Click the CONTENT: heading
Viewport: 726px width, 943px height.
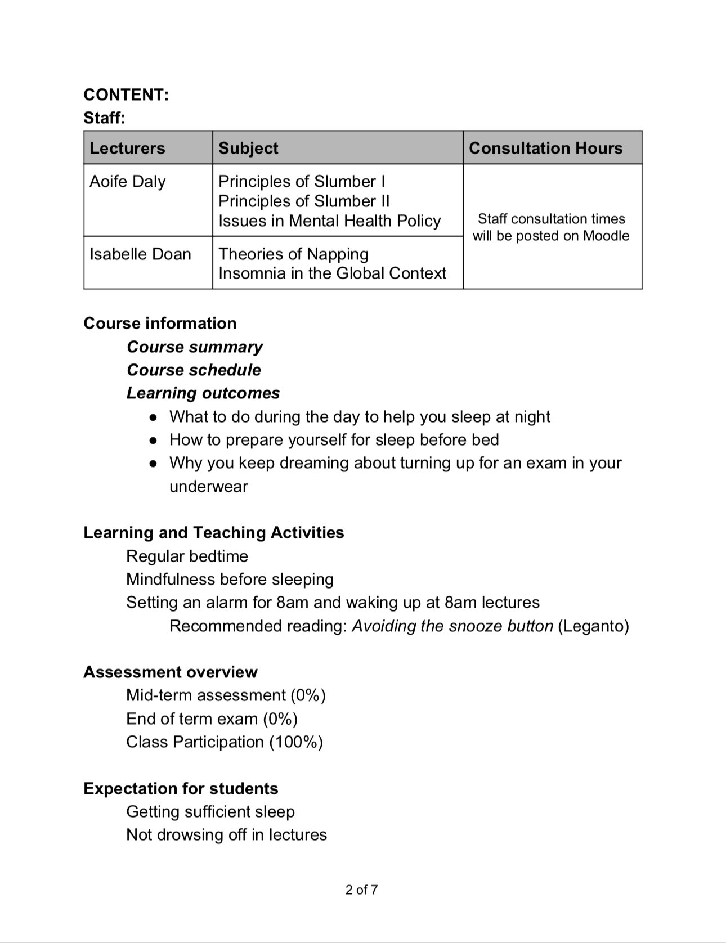point(126,95)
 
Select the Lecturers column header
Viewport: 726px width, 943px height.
point(127,148)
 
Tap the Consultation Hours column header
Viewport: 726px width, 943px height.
point(545,148)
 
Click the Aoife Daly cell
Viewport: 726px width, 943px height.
point(128,182)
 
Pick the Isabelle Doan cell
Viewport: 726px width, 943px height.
point(140,254)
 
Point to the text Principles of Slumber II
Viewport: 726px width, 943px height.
point(303,201)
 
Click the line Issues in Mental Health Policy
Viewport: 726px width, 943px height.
point(329,221)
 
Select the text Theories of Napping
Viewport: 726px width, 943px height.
point(293,254)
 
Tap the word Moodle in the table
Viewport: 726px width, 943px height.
point(606,236)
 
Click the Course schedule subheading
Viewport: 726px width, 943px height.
point(194,370)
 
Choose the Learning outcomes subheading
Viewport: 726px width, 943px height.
point(203,393)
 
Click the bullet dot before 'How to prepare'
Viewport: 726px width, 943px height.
point(153,441)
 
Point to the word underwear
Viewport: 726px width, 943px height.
point(208,487)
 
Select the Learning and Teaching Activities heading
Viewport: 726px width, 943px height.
point(213,533)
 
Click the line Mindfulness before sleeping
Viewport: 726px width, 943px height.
point(230,580)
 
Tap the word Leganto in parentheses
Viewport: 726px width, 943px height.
point(593,626)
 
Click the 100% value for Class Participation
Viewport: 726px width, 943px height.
point(295,742)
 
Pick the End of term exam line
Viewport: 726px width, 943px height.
point(212,719)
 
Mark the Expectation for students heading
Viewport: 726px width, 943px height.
point(181,789)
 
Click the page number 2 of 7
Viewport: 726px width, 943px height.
point(362,890)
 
